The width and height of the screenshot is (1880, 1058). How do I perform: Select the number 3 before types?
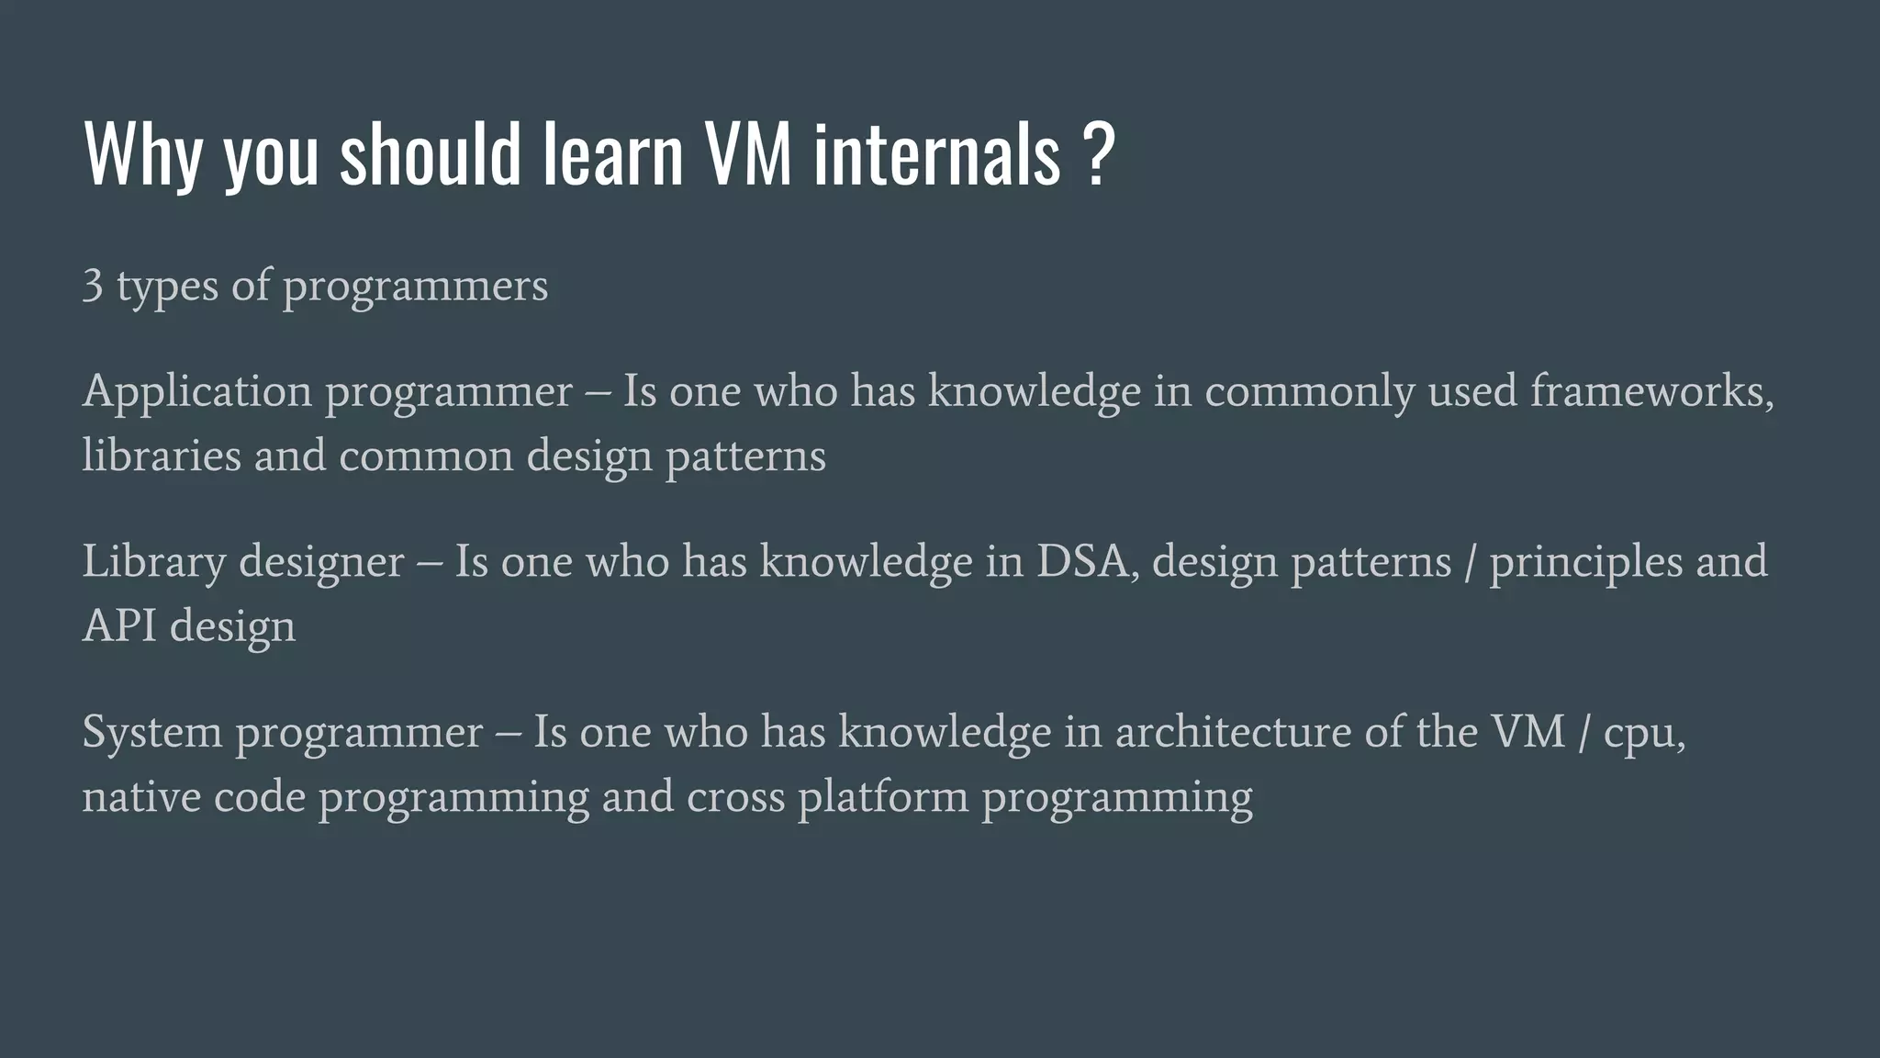click(92, 286)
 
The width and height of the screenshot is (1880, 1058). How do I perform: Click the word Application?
click(197, 392)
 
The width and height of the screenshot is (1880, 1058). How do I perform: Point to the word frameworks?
click(1650, 392)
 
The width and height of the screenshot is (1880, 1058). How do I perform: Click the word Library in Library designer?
click(153, 562)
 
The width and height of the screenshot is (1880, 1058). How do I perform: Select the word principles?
click(1585, 562)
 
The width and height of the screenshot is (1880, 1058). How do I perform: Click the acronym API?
click(119, 626)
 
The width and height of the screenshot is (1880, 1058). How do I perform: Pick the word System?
click(152, 732)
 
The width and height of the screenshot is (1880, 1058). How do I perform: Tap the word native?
click(140, 796)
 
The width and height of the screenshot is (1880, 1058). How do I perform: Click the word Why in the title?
click(142, 154)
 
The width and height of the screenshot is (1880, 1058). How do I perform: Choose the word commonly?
click(1309, 392)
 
